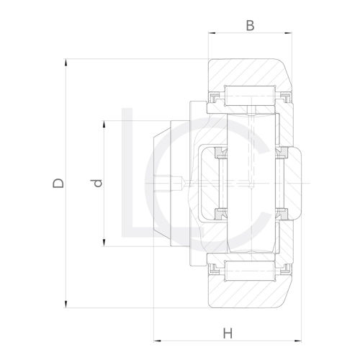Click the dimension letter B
(x=250, y=26)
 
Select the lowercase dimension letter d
(x=99, y=183)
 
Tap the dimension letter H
(x=228, y=333)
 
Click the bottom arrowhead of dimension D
(x=67, y=303)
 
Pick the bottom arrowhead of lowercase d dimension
(x=106, y=243)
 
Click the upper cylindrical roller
(x=250, y=94)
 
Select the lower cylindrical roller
(x=250, y=273)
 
